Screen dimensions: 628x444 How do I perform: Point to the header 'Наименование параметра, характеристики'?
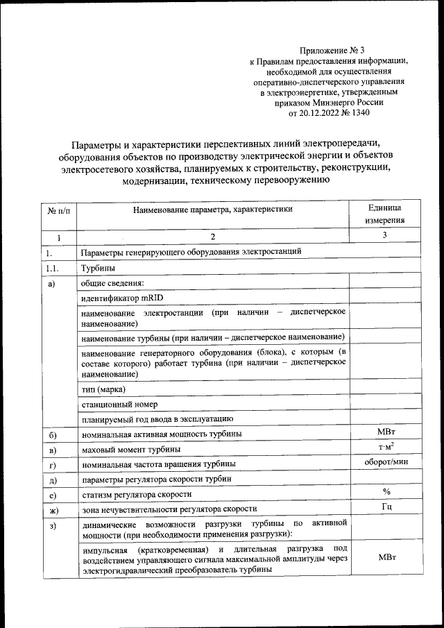coord(213,208)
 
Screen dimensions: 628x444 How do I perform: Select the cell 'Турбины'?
coord(96,268)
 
